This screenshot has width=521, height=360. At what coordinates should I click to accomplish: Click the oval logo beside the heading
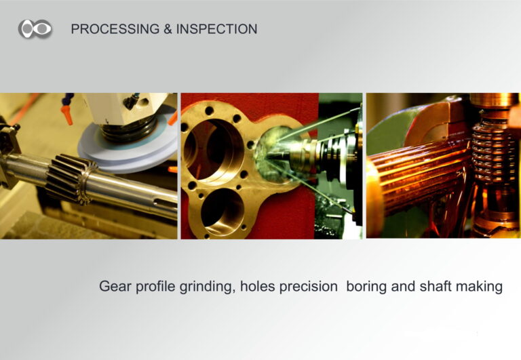(35, 28)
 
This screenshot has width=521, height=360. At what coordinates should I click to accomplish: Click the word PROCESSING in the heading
(115, 29)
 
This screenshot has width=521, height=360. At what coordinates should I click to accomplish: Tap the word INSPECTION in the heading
(216, 29)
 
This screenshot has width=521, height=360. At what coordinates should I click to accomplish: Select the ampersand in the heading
(168, 29)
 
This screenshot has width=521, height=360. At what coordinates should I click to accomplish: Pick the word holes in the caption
(258, 286)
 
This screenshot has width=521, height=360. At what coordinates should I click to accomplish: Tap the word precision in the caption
(309, 287)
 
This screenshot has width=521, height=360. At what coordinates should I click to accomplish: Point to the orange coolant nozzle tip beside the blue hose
(67, 115)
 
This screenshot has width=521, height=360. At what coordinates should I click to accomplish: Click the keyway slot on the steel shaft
(165, 202)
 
